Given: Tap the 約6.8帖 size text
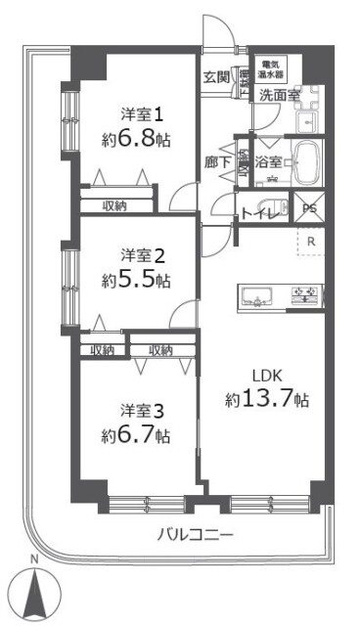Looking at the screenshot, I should click(136, 140).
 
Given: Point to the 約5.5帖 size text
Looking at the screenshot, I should click(136, 281).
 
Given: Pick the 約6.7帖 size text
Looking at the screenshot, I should click(136, 434).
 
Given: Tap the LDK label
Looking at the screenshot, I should click(268, 375).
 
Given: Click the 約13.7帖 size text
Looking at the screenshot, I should click(268, 399).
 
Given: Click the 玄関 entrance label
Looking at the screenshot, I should click(216, 76).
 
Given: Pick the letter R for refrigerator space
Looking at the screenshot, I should click(310, 241).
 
